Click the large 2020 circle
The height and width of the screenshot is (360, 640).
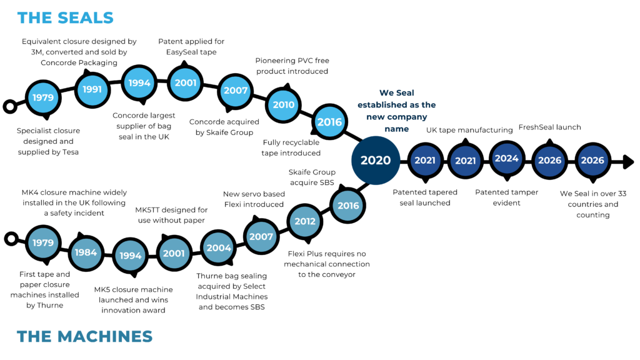click(x=376, y=161)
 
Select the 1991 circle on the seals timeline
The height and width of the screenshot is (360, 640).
click(x=92, y=89)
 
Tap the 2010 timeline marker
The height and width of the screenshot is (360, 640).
click(x=283, y=105)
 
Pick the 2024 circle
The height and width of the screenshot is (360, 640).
click(x=506, y=159)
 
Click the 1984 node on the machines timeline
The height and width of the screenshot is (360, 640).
click(x=85, y=252)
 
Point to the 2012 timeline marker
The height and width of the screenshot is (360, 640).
click(x=305, y=221)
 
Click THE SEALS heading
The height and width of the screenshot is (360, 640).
click(x=66, y=17)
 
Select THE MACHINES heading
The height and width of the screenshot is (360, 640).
click(x=85, y=336)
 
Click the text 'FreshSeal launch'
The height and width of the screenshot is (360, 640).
click(x=549, y=127)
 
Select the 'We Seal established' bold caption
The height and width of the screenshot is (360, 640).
click(x=396, y=111)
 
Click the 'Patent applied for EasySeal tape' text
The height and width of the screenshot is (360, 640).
click(x=191, y=47)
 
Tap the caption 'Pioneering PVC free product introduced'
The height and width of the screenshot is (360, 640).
click(x=291, y=66)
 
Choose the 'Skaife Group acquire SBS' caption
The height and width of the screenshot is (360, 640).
click(x=311, y=177)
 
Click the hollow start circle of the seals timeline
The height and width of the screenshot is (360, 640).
click(x=10, y=106)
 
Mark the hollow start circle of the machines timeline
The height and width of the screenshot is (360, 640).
click(x=10, y=238)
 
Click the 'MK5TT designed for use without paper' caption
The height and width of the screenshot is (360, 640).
click(x=171, y=214)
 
